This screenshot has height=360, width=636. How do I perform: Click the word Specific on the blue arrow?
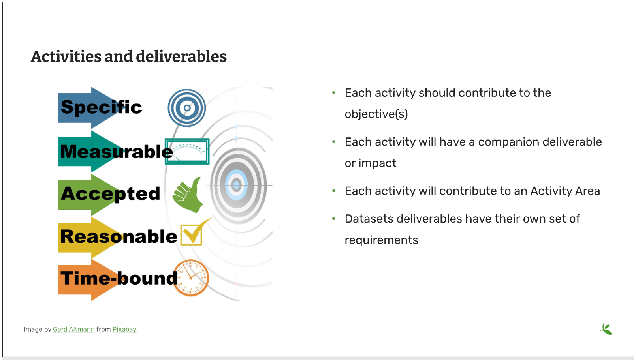coord(101,107)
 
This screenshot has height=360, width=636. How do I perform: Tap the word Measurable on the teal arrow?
coord(117,152)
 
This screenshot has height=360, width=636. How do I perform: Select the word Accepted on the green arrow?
coord(110,194)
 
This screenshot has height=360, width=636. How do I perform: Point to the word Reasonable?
coord(119,236)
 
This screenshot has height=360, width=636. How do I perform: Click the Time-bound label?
coord(119,278)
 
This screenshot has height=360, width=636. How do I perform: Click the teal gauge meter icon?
coord(187,152)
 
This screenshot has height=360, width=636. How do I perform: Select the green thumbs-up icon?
coord(188,195)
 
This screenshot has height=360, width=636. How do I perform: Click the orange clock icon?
coord(191,278)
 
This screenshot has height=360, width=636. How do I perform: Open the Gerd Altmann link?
coord(74,329)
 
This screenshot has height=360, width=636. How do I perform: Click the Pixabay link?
coord(124,329)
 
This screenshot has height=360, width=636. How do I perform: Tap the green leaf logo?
coord(606,329)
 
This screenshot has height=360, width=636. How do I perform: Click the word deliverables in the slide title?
coord(181,56)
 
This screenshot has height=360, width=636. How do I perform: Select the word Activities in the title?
coord(66,56)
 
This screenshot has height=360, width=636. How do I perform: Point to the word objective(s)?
coord(376,114)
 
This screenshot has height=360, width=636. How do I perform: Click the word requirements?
coord(381,240)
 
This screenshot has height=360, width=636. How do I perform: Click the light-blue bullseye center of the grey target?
coord(236,185)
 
